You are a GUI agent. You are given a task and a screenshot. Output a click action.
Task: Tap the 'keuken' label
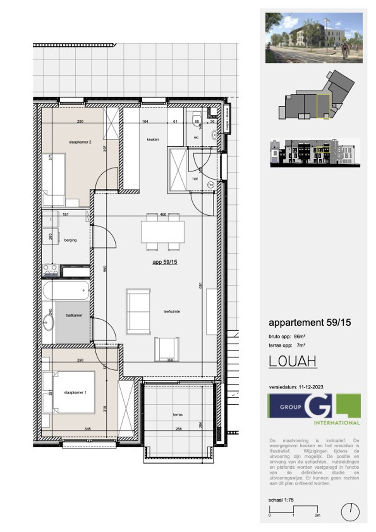153,139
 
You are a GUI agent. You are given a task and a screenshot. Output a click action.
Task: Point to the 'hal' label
194,179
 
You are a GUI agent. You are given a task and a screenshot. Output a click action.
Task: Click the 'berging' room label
70,240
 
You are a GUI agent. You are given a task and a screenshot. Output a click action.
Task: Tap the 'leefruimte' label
171,312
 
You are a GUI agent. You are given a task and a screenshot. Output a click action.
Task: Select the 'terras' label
178,415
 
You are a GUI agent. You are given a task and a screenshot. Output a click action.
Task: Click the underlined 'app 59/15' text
165,262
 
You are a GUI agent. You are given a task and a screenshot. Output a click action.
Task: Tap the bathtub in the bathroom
66,291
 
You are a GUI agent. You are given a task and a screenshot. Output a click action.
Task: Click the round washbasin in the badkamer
48,323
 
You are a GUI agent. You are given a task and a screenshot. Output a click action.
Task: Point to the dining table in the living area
163,231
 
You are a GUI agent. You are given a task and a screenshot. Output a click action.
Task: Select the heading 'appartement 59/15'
309,323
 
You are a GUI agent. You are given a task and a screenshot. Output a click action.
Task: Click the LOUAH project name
293,361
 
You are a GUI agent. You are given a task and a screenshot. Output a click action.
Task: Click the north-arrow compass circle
349,512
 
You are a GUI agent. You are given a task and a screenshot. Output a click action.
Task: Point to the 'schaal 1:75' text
281,500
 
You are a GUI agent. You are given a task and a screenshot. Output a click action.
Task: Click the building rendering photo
313,38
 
